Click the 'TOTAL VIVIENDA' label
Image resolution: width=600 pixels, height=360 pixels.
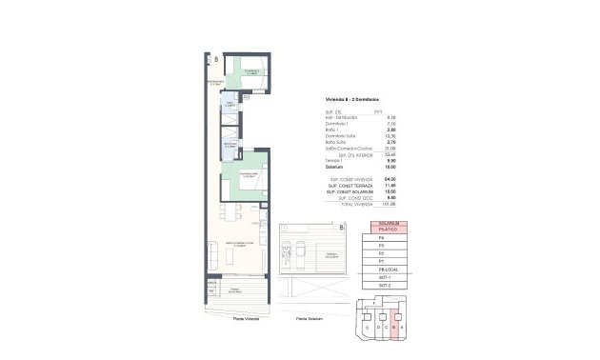point(345,203)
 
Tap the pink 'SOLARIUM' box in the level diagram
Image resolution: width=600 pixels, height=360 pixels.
point(388,224)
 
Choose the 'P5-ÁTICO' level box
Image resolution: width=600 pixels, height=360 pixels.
point(388,230)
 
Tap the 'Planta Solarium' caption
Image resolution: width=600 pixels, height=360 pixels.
point(310,318)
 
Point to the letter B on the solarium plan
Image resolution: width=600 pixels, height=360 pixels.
point(340,228)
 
